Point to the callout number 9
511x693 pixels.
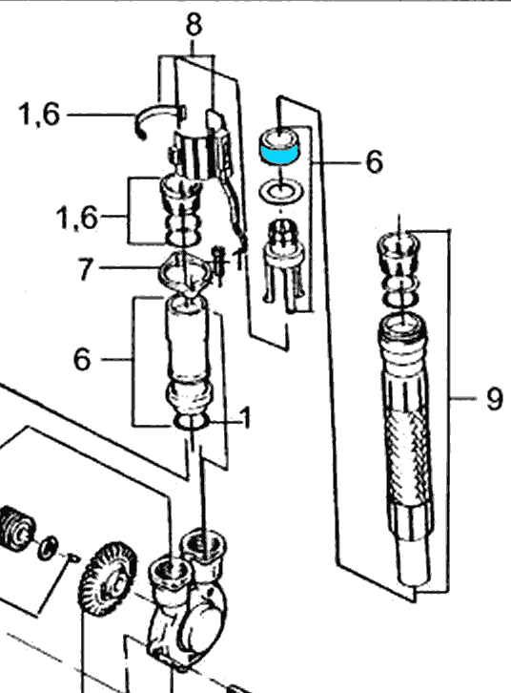pos(493,398)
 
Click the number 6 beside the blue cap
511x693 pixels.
pos(373,162)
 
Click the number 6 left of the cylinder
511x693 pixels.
pos(82,359)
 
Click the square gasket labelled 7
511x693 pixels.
pos(186,272)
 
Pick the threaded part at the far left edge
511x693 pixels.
pos(13,528)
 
